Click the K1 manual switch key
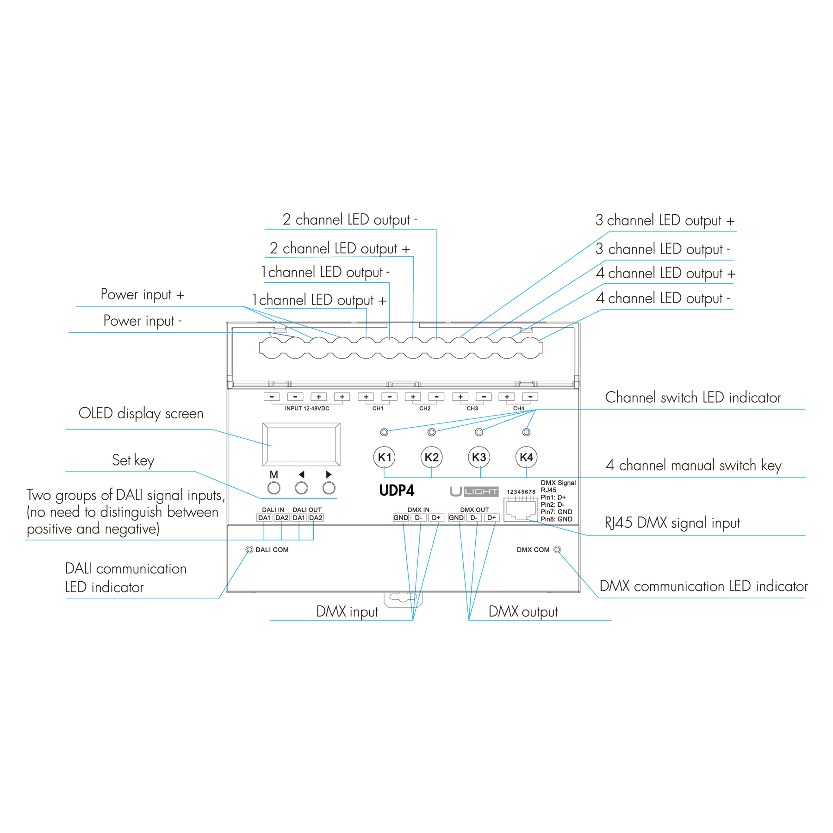384,457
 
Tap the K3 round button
479,457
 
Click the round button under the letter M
274,488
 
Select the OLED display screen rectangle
301,444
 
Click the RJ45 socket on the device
521,510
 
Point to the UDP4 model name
397,491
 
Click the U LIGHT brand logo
474,491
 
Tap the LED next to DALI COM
249,550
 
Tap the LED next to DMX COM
557,550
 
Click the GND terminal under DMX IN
401,518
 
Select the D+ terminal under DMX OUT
491,518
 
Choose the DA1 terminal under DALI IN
264,518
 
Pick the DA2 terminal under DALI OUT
316,518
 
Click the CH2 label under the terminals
425,409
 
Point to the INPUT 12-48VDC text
307,409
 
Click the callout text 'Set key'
133,460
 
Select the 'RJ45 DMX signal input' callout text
672,523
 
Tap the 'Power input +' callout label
143,295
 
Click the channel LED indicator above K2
432,432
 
